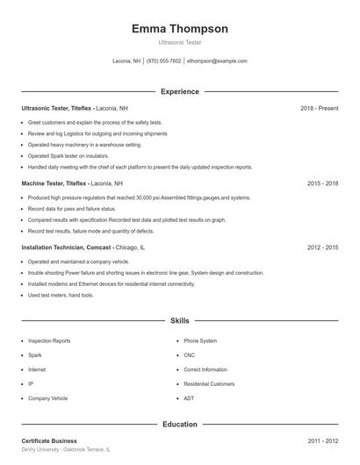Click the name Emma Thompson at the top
point(179,29)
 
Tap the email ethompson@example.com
point(217,61)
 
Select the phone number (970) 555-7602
point(163,61)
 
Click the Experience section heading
point(179,91)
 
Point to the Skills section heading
point(179,322)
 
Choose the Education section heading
point(179,424)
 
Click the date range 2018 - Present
point(319,108)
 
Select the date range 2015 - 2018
point(322,184)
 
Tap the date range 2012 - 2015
point(322,247)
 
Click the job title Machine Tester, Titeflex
point(54,184)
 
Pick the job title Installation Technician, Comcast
point(67,247)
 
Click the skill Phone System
point(200,340)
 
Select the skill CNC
point(189,355)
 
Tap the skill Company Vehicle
point(47,398)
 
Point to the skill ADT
point(188,398)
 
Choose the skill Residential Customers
point(209,384)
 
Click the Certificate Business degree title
point(49,440)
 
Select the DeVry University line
point(66,449)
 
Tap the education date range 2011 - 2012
point(322,440)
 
